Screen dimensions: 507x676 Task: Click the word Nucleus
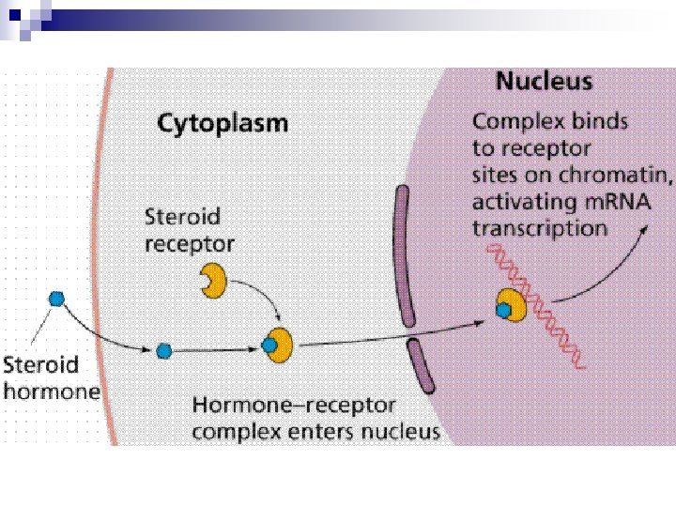[x=544, y=81]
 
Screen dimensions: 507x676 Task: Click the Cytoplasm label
[x=222, y=123]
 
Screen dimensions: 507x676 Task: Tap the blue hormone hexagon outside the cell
[x=56, y=298]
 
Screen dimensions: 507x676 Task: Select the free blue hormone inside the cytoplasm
[x=164, y=351]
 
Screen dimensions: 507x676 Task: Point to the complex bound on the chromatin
[x=510, y=305]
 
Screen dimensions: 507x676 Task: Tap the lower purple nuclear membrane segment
[x=421, y=366]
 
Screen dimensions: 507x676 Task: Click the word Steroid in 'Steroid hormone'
[x=40, y=364]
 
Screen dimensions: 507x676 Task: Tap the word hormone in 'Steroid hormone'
[x=52, y=390]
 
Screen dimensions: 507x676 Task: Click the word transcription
[x=539, y=227]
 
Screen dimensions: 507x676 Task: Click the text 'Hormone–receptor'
[x=294, y=407]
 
